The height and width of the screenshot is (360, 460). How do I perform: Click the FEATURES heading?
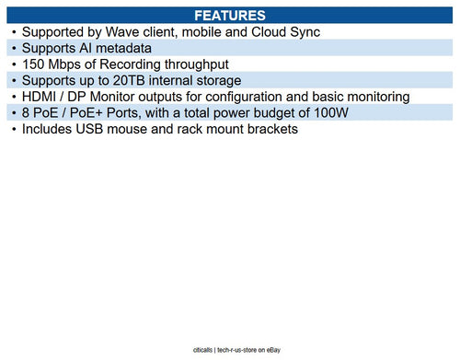coord(230,16)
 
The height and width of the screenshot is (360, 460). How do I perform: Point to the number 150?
coord(34,64)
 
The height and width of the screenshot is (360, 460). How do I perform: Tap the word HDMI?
coord(41,97)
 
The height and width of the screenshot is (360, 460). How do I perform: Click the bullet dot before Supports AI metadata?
coord(14,48)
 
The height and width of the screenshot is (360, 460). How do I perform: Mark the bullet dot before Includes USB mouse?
coord(14,129)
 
